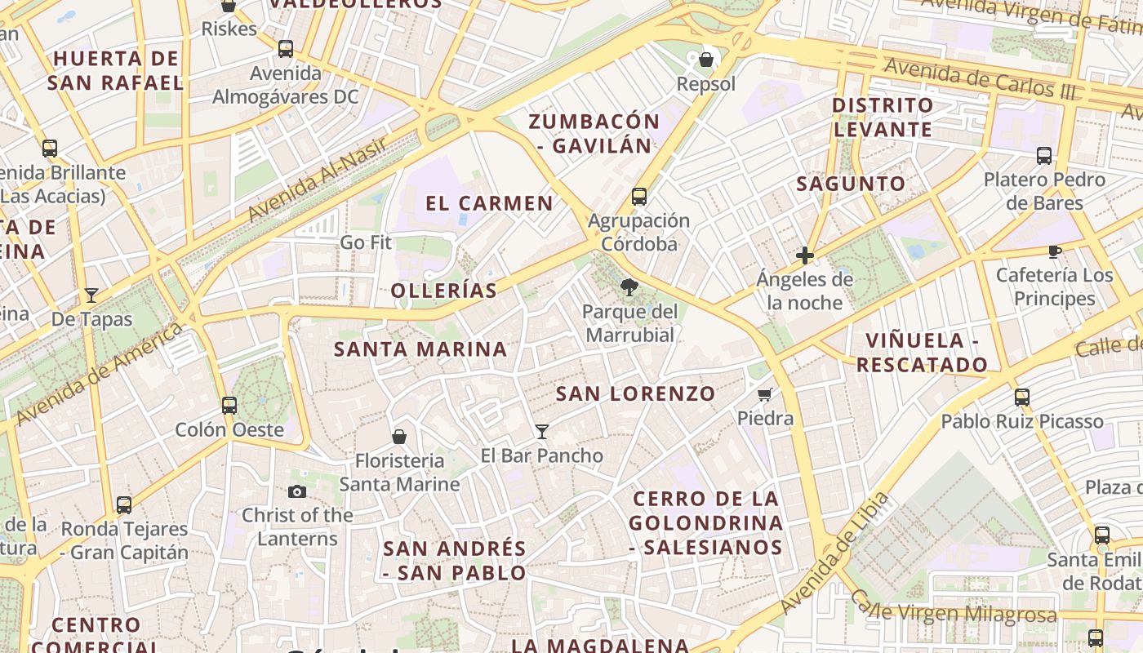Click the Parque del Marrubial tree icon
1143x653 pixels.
tap(629, 287)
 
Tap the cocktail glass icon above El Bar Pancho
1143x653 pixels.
tap(541, 431)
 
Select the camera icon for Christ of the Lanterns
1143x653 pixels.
tap(297, 491)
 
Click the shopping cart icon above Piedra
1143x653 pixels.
tap(765, 395)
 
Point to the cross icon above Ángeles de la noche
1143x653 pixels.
tap(805, 255)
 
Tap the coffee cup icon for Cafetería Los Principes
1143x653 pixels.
tap(1055, 251)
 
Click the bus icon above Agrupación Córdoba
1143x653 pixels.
tap(639, 197)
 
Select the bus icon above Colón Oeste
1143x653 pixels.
tap(229, 405)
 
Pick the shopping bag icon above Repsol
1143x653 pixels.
tap(706, 60)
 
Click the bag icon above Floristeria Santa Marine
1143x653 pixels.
tap(399, 437)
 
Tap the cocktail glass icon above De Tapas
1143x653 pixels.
tap(91, 295)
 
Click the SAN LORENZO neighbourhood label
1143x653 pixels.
tap(635, 393)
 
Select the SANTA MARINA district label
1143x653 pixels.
tap(420, 349)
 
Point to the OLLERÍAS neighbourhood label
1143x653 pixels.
tap(443, 291)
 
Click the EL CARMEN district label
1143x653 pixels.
tap(489, 203)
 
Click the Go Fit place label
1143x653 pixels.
tap(366, 242)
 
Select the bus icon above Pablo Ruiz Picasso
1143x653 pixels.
tap(1022, 398)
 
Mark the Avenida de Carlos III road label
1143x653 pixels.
tap(980, 79)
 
